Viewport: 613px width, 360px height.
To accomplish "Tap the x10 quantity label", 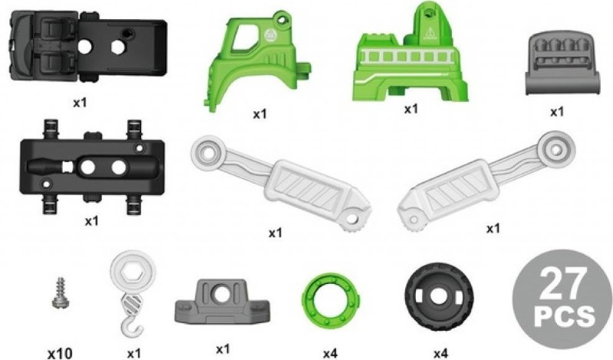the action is pos(60,354).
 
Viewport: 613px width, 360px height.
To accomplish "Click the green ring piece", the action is pos(331,299).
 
